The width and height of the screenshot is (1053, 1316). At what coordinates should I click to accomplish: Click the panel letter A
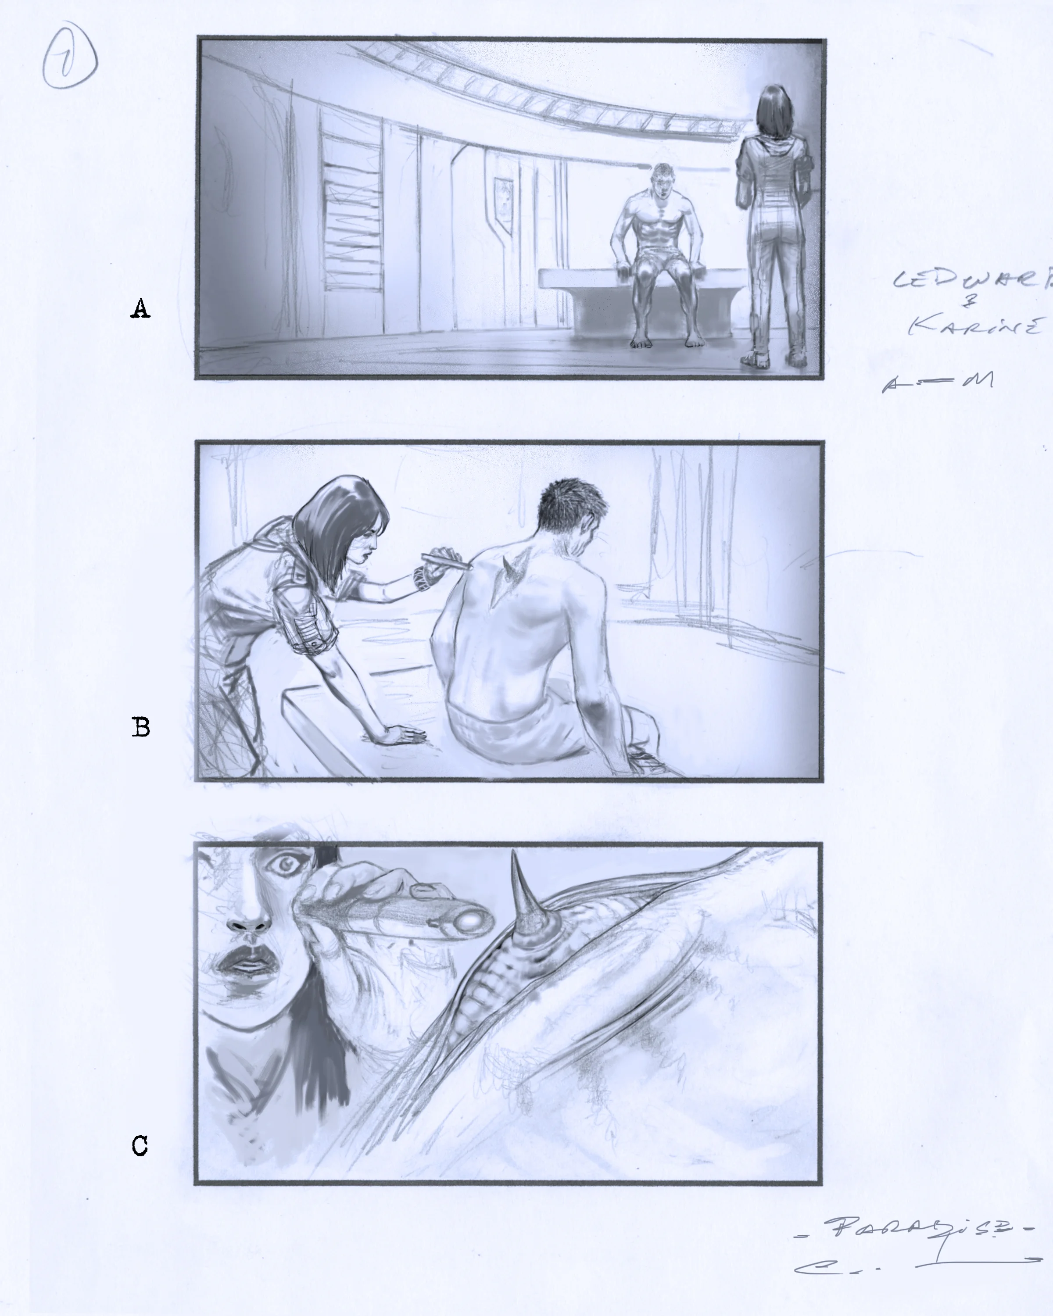coord(140,309)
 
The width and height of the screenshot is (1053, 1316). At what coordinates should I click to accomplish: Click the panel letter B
coord(141,727)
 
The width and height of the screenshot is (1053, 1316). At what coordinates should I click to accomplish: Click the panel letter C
coord(140,1146)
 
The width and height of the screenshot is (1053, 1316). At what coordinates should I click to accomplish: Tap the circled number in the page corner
coord(69,59)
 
